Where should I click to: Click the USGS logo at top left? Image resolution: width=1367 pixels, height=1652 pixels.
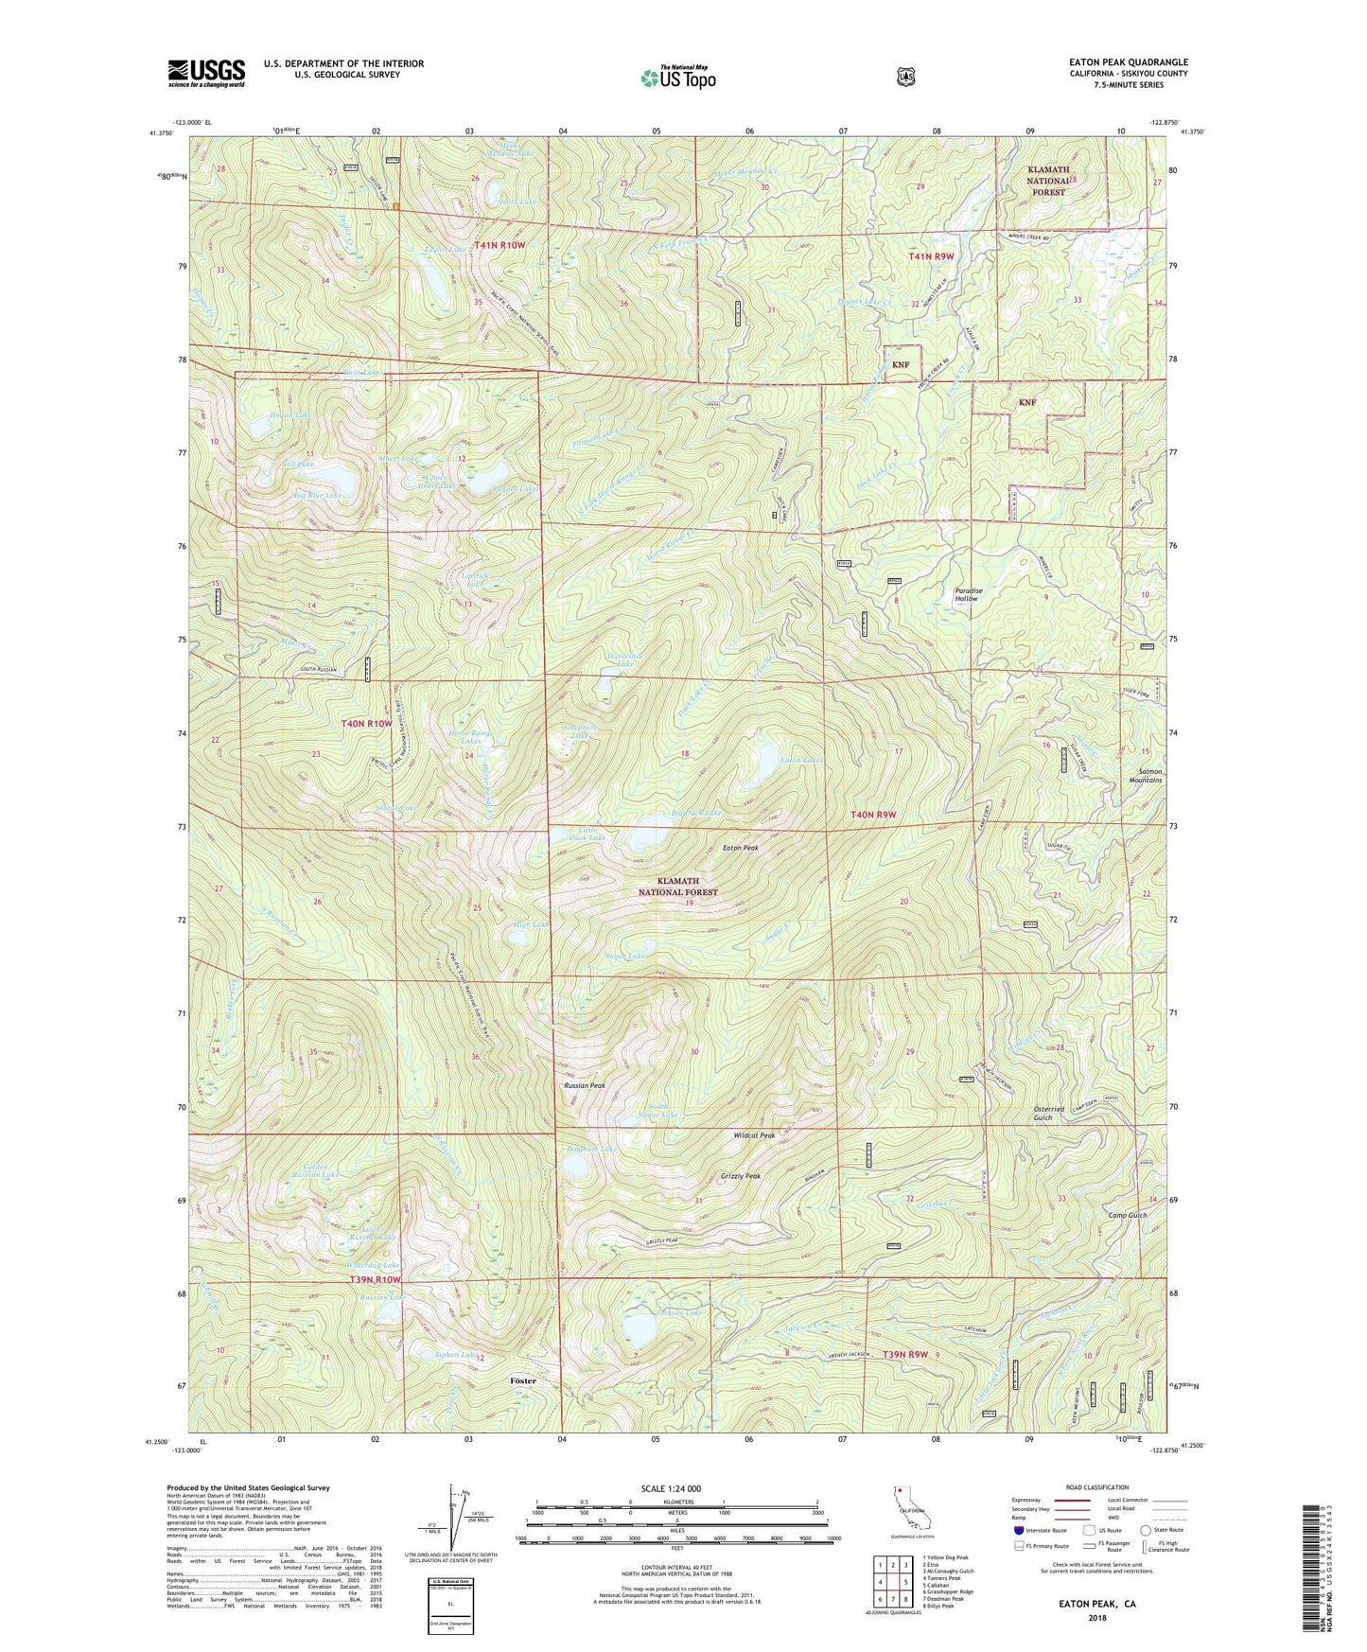point(206,72)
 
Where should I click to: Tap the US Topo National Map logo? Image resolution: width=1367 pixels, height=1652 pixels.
point(676,77)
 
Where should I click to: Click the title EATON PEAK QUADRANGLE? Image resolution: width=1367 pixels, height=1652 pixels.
point(1122,62)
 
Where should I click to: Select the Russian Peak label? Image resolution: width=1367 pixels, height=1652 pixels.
point(584,1085)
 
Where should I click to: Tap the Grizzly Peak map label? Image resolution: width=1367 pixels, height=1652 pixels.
point(740,1176)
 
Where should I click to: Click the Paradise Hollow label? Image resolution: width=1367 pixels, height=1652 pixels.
point(968,594)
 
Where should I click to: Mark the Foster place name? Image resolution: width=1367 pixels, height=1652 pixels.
point(523,1380)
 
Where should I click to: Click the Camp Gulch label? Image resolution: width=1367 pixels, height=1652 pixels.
point(1128,1215)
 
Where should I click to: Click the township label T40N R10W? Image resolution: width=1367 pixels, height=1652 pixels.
point(366,724)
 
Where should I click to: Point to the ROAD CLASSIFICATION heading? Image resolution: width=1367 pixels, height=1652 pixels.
point(1098,1487)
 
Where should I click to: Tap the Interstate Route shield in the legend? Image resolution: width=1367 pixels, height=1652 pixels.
point(1018,1529)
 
